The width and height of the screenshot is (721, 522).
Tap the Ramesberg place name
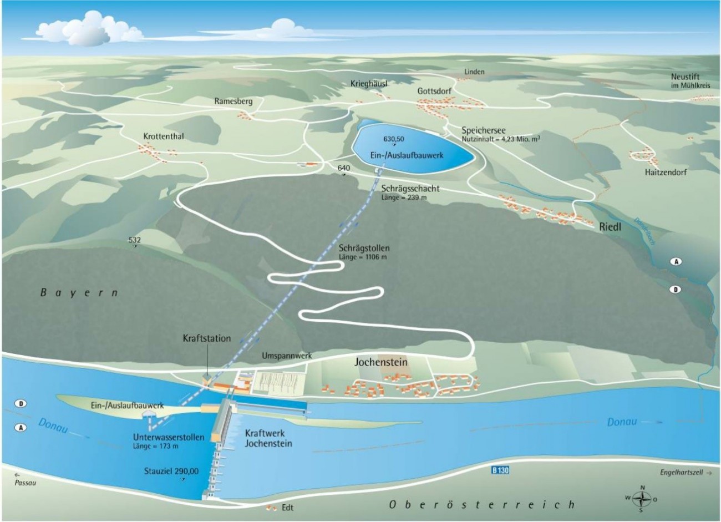tap(233, 102)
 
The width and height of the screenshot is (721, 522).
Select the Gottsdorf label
tap(434, 91)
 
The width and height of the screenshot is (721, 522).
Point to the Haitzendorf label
tap(666, 172)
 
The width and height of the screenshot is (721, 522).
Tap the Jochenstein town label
tap(381, 362)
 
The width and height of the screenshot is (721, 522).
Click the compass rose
tap(642, 498)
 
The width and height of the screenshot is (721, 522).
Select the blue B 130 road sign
tap(500, 470)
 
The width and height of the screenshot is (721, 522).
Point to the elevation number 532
tap(134, 240)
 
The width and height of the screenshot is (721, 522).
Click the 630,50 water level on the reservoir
tap(394, 138)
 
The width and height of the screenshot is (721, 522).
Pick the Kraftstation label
tap(206, 338)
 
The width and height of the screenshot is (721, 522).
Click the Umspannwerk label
tap(286, 356)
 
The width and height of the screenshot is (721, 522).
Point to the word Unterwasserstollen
tap(169, 437)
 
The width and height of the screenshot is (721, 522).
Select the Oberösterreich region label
tap(480, 504)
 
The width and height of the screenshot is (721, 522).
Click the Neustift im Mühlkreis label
tap(690, 81)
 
